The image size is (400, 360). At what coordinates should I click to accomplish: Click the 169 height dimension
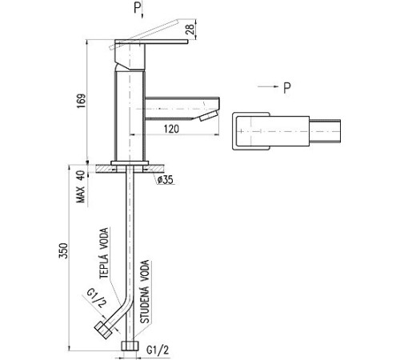[x=82, y=101]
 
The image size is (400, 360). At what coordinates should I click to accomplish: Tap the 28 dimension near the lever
[x=190, y=30]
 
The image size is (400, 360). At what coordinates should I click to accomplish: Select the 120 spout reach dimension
[x=171, y=129]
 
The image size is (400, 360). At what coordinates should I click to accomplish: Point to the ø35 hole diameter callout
[x=165, y=180]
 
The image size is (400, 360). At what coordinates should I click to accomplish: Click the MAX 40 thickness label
[x=81, y=186]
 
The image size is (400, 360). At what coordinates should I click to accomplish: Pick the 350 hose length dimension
[x=64, y=250]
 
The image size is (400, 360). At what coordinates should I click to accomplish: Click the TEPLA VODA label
[x=105, y=253]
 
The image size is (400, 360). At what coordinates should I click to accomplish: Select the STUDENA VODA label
[x=145, y=292]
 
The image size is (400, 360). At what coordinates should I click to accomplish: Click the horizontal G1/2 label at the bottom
[x=158, y=350]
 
